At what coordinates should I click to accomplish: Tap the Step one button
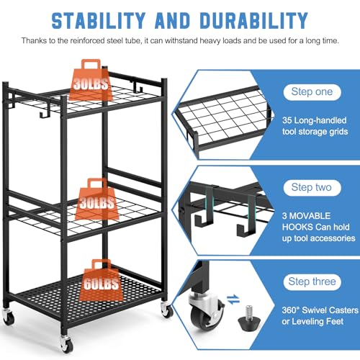[x=312, y=91]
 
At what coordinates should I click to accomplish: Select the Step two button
[x=312, y=187]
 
